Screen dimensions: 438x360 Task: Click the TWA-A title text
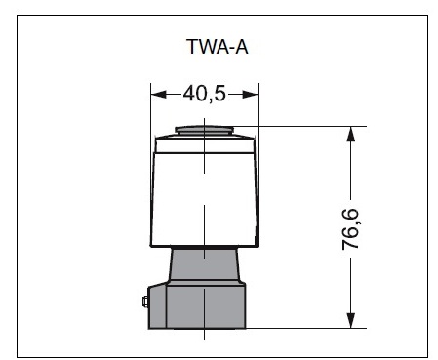point(218,47)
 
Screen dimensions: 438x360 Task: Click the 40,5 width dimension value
point(204,94)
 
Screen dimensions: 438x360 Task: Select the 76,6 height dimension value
point(350,229)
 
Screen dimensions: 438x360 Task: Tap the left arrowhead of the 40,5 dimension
point(159,95)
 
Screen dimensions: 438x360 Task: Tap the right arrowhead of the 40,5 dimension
point(250,95)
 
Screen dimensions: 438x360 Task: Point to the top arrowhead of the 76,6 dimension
point(350,134)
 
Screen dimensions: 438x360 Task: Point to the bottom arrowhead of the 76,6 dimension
point(350,320)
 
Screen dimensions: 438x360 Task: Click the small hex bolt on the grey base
point(145,301)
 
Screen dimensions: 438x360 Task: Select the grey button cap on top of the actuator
point(204,130)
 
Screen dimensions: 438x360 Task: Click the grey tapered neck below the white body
point(204,263)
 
